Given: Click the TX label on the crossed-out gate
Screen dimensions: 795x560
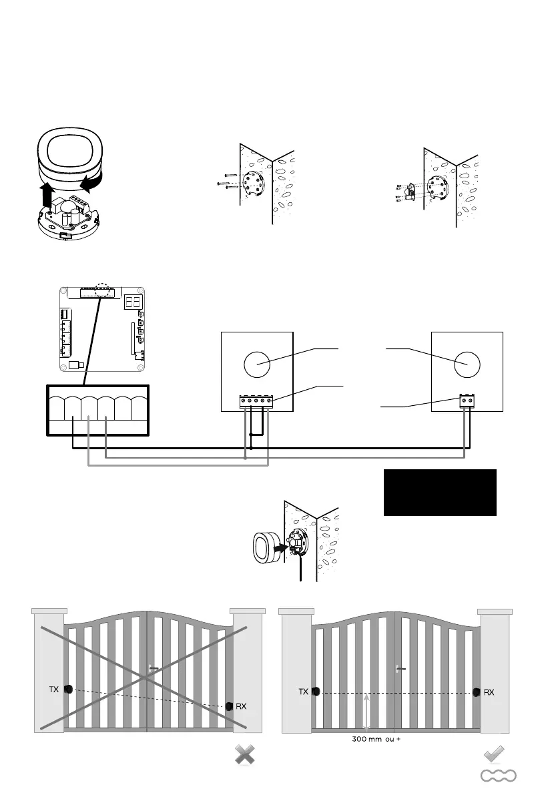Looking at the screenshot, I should [x=54, y=689].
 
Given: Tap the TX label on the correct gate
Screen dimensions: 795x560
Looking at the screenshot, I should [x=304, y=692].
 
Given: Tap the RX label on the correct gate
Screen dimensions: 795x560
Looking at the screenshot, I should [x=489, y=692].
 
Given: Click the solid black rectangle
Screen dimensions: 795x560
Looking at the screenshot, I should [x=440, y=492].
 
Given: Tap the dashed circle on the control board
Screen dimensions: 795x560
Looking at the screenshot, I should [x=102, y=290].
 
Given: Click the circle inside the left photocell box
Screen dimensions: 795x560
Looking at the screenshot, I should [x=257, y=365].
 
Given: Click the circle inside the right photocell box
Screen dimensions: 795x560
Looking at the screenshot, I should [x=467, y=365].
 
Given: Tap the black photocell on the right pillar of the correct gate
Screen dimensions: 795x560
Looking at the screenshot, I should [x=477, y=692].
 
